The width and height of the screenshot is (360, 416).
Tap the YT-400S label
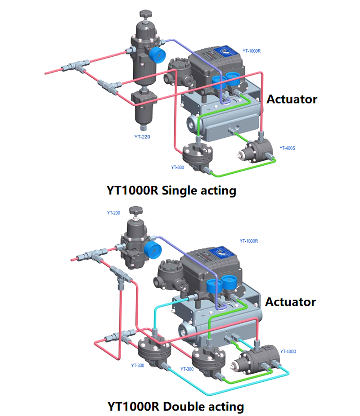pos(287,148)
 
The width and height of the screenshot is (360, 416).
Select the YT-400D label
pos(288,351)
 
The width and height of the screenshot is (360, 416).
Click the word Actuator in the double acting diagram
pos(290,301)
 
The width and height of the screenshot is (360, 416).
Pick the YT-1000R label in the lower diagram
pos(249,241)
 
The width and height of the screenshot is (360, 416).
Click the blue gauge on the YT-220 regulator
pos(155,54)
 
